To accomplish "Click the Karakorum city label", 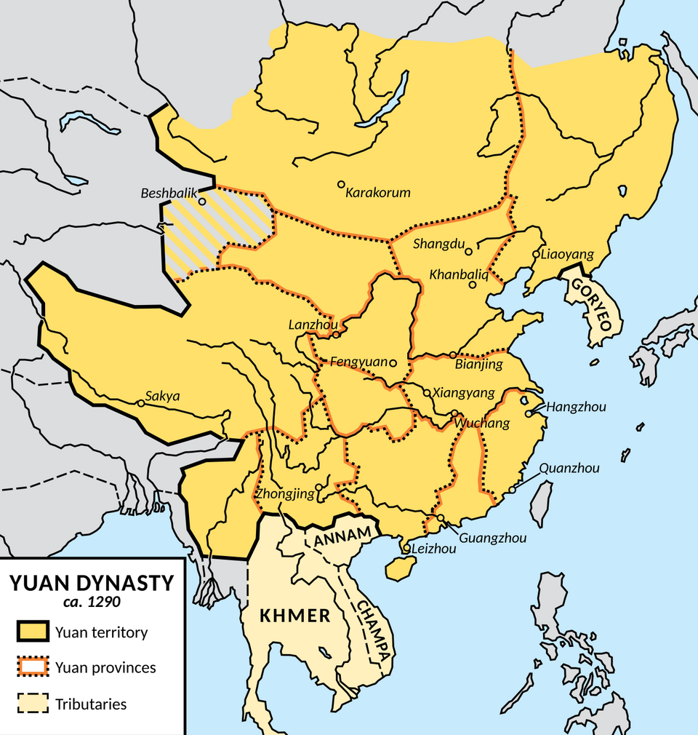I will [378, 193].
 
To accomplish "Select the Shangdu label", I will [438, 245].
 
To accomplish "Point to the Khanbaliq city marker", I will [473, 285].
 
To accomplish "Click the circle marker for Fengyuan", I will [393, 362].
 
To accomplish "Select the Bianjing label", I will [478, 364].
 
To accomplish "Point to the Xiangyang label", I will [464, 393].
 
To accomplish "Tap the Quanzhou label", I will [570, 469].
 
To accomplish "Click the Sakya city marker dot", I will [140, 403].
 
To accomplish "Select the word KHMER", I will [295, 616].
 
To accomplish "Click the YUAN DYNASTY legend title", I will [91, 583].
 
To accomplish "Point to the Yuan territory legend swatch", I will [32, 632].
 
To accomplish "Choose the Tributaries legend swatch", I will [32, 704].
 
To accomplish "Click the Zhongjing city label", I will [284, 494].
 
